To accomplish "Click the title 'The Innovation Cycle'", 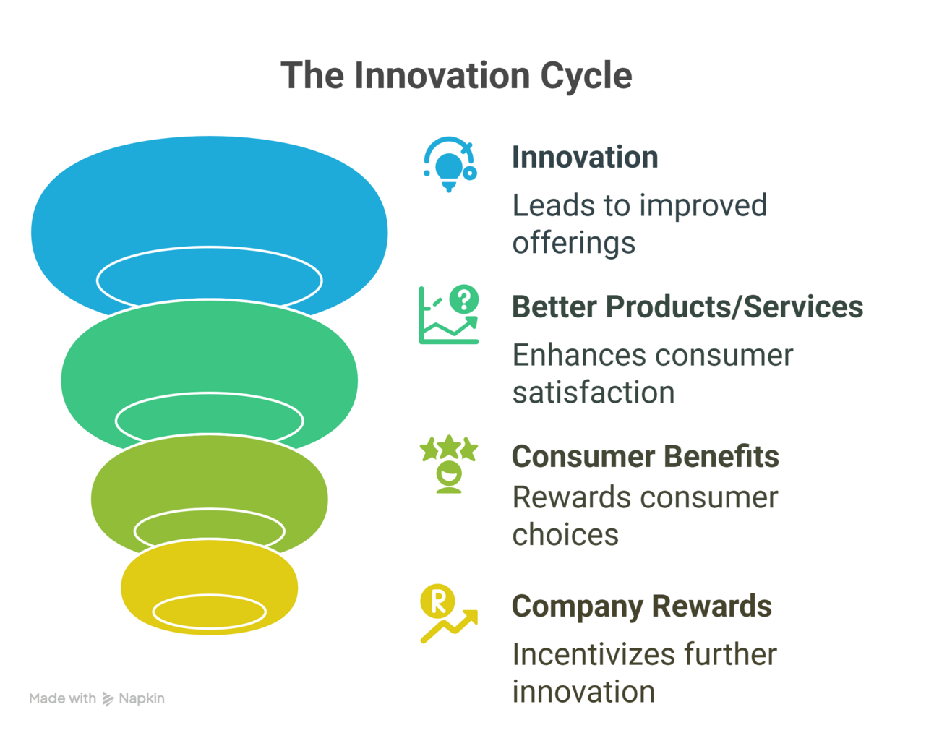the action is pyautogui.click(x=456, y=76).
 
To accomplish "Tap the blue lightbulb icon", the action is pyautogui.click(x=450, y=165).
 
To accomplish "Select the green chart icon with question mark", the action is pyautogui.click(x=449, y=314).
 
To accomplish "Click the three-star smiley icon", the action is pyautogui.click(x=449, y=464).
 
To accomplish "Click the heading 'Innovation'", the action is pyautogui.click(x=585, y=158).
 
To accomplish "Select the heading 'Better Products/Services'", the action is pyautogui.click(x=687, y=307).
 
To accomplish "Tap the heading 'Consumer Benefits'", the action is pyautogui.click(x=645, y=456).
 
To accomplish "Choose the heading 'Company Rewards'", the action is pyautogui.click(x=642, y=606).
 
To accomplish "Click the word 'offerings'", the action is pyautogui.click(x=574, y=243).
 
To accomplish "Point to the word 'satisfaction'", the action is pyautogui.click(x=594, y=393).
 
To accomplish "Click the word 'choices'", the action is pyautogui.click(x=565, y=535).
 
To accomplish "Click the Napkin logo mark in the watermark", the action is pyautogui.click(x=108, y=699).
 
